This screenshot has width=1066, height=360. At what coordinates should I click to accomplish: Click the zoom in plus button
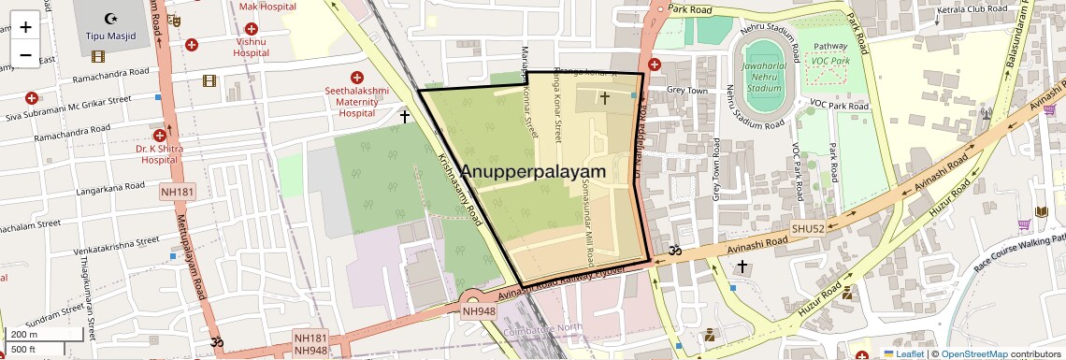tap(25, 27)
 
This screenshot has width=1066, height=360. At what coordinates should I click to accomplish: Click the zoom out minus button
tap(25, 55)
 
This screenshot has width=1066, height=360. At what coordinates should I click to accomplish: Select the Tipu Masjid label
tap(111, 36)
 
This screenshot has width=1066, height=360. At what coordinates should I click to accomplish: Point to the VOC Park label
tap(830, 61)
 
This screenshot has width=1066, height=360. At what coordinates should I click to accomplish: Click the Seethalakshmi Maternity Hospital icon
tap(355, 78)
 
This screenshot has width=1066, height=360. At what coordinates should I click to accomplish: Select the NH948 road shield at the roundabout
tap(479, 311)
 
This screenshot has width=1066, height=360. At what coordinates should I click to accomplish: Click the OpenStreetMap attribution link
tap(973, 353)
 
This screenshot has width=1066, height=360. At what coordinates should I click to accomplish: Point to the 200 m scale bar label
tap(24, 334)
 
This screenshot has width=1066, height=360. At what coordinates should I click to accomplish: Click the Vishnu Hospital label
tap(252, 48)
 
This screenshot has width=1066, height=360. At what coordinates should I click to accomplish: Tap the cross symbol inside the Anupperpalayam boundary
tap(604, 97)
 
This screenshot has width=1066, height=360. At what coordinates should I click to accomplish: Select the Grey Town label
tap(687, 91)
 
